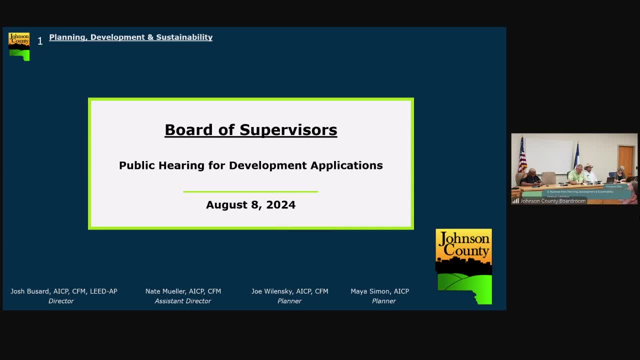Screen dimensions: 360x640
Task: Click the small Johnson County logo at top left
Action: tap(19, 46)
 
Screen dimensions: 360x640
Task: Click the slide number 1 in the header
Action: tap(40, 41)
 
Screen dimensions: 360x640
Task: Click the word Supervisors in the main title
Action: tap(288, 129)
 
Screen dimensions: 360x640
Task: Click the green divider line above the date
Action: tap(250, 191)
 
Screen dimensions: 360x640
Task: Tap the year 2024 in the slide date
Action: tap(280, 205)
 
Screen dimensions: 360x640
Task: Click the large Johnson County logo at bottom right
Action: tap(463, 266)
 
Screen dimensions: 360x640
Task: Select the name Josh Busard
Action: tap(30, 291)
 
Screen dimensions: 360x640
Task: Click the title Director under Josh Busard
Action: tap(61, 301)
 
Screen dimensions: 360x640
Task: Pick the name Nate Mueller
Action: tap(163, 291)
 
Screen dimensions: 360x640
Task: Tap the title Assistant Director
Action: tap(182, 301)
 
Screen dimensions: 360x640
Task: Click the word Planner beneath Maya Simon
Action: tap(383, 301)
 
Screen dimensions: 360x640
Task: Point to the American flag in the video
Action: tap(522, 155)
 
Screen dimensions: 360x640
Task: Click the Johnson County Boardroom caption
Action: tap(552, 201)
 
